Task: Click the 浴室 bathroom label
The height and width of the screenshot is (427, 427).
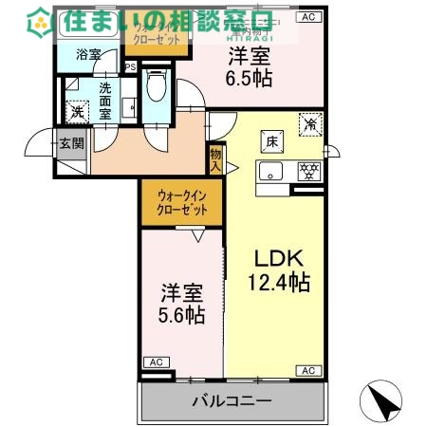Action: [89, 56]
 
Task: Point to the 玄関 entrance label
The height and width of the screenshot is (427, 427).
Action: [70, 144]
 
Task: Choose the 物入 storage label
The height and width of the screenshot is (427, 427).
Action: [215, 159]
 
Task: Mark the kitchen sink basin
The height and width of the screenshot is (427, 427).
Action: [273, 172]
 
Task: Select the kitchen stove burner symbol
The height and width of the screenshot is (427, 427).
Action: [306, 172]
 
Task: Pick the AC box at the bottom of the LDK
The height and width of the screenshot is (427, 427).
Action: [306, 371]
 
